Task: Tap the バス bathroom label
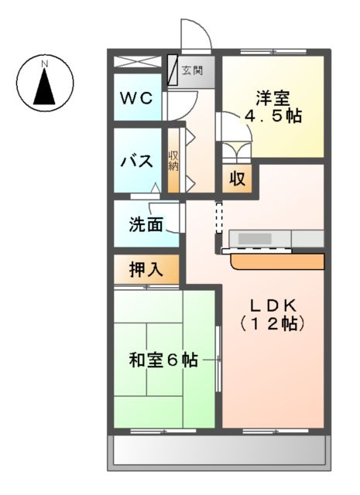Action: (x=139, y=162)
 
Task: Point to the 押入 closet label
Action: (x=145, y=270)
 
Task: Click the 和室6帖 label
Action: (x=163, y=360)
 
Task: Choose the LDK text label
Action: (x=272, y=303)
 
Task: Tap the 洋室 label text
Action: (x=273, y=99)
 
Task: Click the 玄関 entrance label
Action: (x=192, y=71)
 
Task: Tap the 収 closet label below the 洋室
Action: (x=237, y=179)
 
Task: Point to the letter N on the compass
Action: (x=45, y=62)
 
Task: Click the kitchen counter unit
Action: (x=275, y=239)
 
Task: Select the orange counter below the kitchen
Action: (x=277, y=261)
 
